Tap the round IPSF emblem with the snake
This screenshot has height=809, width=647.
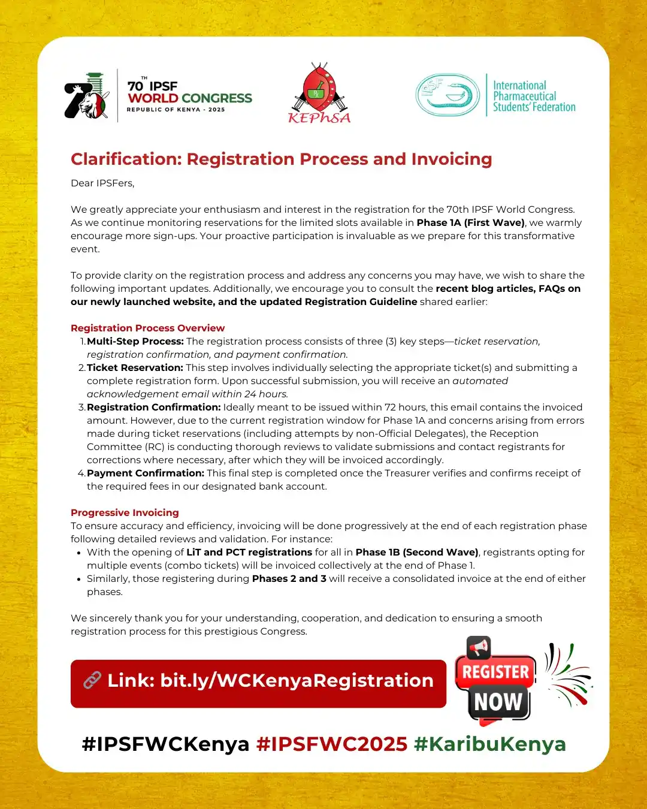[x=448, y=95]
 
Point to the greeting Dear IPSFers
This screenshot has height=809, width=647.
[x=102, y=183]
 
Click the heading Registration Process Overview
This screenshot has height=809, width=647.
[x=147, y=328]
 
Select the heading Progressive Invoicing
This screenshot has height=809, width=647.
[x=125, y=513]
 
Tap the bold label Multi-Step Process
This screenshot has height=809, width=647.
[x=135, y=342]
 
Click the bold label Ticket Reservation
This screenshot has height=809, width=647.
[x=135, y=368]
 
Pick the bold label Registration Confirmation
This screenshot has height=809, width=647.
[x=154, y=407]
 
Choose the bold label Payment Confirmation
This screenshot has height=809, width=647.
[x=146, y=473]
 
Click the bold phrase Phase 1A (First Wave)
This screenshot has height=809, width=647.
[x=470, y=223]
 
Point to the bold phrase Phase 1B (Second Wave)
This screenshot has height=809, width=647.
[x=416, y=553]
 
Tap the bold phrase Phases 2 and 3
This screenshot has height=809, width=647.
[x=289, y=579]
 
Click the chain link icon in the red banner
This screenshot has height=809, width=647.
[x=92, y=680]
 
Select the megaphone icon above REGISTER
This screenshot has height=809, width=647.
[x=479, y=648]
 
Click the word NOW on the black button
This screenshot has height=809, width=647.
[x=498, y=702]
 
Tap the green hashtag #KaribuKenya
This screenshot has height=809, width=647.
[x=489, y=744]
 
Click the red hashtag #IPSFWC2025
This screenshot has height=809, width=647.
[x=331, y=744]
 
